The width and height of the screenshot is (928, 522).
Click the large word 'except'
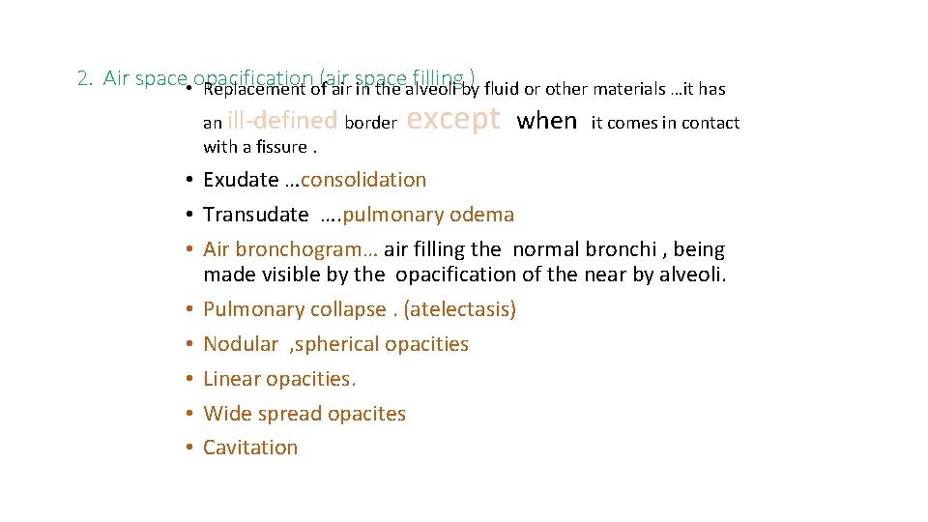[454, 120]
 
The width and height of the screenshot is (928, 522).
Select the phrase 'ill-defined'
[282, 121]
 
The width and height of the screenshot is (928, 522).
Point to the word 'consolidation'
[363, 180]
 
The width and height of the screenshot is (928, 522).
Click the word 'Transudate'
[255, 215]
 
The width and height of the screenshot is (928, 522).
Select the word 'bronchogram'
[308, 249]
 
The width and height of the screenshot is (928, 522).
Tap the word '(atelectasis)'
[460, 309]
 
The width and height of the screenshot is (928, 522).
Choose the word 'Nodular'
[241, 344]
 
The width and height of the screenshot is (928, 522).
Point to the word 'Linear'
[231, 379]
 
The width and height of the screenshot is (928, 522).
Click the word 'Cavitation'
[250, 448]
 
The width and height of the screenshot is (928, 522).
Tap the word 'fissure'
[280, 147]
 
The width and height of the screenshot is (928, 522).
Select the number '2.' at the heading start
[85, 78]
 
